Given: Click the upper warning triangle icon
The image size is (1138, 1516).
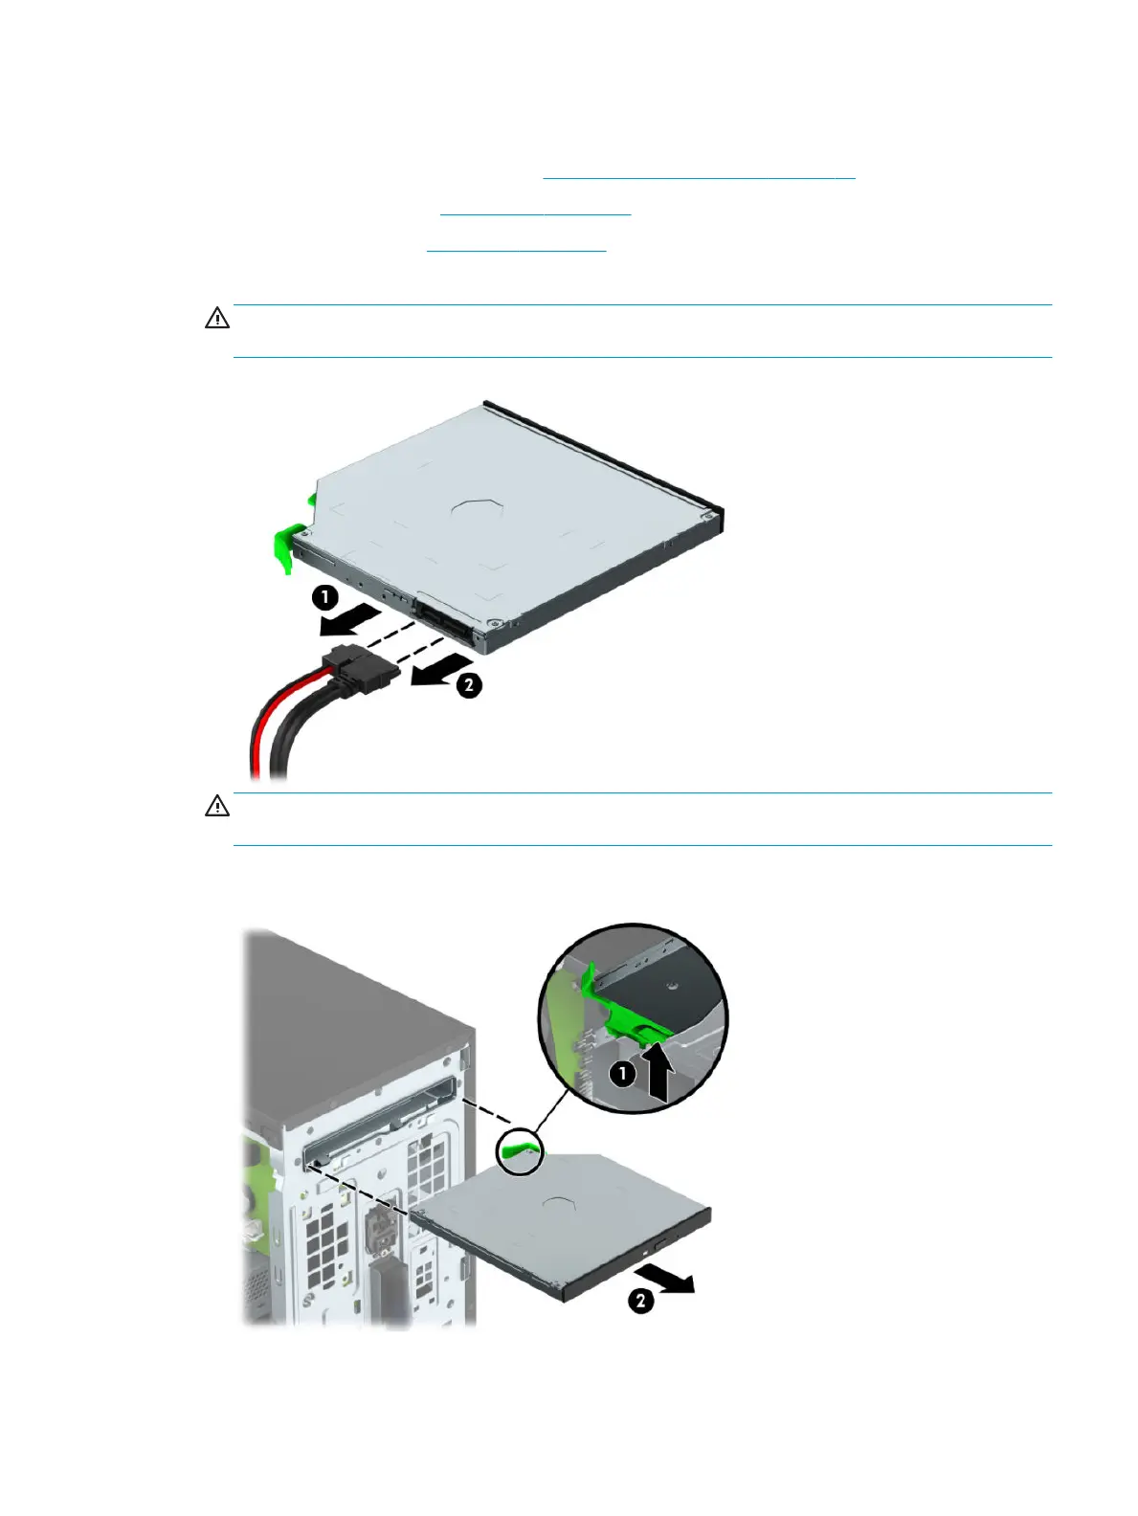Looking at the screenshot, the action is coord(217,319).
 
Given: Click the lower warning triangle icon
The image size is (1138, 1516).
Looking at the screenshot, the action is coord(217,807).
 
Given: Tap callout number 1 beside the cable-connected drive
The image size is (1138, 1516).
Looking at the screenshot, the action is coord(325,599).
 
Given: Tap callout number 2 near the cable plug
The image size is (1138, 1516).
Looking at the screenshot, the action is coord(468,685).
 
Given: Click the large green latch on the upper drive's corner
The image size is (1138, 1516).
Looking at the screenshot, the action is coord(284,546).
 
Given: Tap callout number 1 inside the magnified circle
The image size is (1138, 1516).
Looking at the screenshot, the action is coord(623,1074).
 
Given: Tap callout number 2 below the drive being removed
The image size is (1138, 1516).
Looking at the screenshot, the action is coord(640,1302).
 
